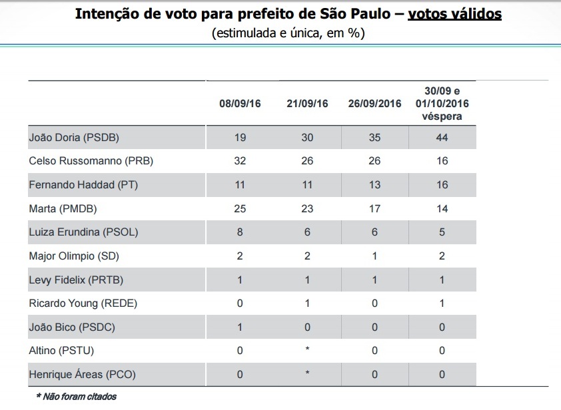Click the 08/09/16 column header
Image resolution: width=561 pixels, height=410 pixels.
point(240,104)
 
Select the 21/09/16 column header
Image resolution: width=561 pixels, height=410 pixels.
point(307,104)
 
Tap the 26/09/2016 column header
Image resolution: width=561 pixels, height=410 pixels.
point(374,104)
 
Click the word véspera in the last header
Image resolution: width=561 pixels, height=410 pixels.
point(442,116)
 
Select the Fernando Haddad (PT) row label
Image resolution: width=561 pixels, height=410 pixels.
point(83,185)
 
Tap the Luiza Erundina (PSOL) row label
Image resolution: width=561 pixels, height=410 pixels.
point(83,232)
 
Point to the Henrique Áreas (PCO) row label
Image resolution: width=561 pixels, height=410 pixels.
point(83,375)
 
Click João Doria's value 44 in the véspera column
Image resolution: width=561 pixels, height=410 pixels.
point(442,138)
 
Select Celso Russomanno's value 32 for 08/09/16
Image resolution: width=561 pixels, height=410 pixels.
point(240,161)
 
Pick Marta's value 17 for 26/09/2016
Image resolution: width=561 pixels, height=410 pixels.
point(374,209)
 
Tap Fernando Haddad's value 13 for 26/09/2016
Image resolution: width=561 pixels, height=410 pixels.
point(374,185)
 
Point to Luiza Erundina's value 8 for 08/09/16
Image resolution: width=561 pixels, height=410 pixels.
point(240,232)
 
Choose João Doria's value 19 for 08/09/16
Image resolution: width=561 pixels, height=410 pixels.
point(240,138)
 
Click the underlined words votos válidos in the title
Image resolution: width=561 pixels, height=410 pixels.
point(454,14)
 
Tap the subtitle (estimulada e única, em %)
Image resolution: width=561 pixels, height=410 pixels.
point(288,33)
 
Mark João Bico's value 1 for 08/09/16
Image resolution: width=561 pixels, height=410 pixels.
point(240,327)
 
